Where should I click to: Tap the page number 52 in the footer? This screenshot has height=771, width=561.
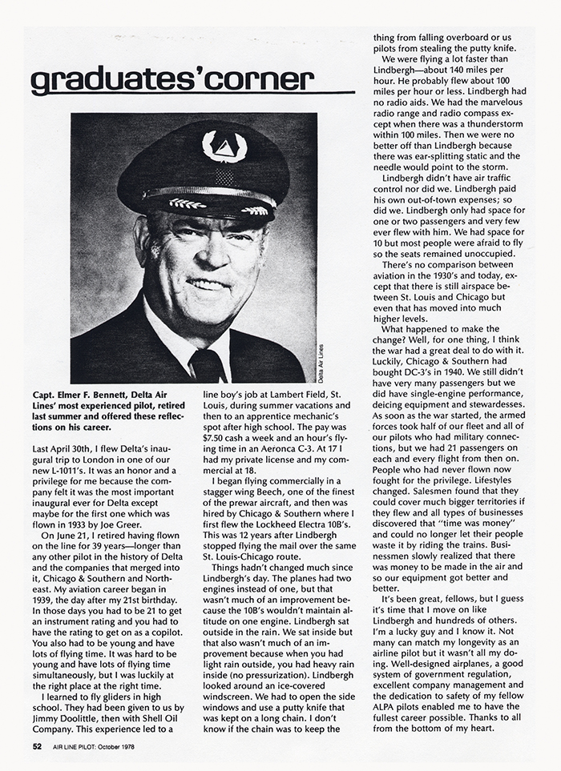click(37, 746)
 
